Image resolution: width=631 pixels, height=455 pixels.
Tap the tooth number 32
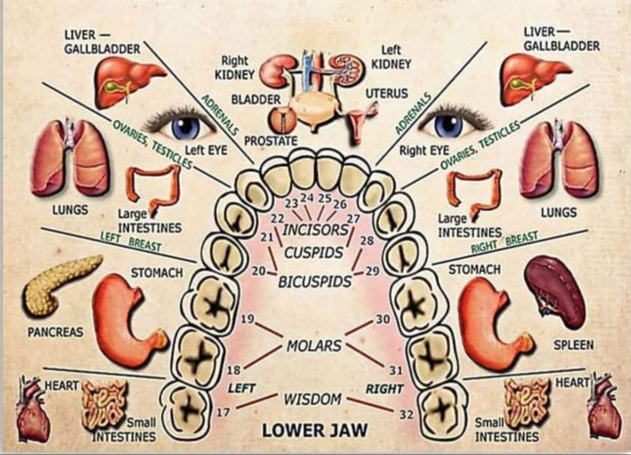[406, 413]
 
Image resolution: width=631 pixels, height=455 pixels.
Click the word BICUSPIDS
[315, 282]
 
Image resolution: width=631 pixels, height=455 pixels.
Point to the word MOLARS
[314, 346]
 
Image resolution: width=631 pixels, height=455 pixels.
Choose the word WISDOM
[312, 399]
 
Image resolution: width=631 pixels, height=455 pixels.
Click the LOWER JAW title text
[315, 430]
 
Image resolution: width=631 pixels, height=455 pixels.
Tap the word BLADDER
[256, 100]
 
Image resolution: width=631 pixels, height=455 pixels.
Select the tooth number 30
[382, 318]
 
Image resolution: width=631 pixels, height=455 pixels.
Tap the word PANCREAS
[55, 332]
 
